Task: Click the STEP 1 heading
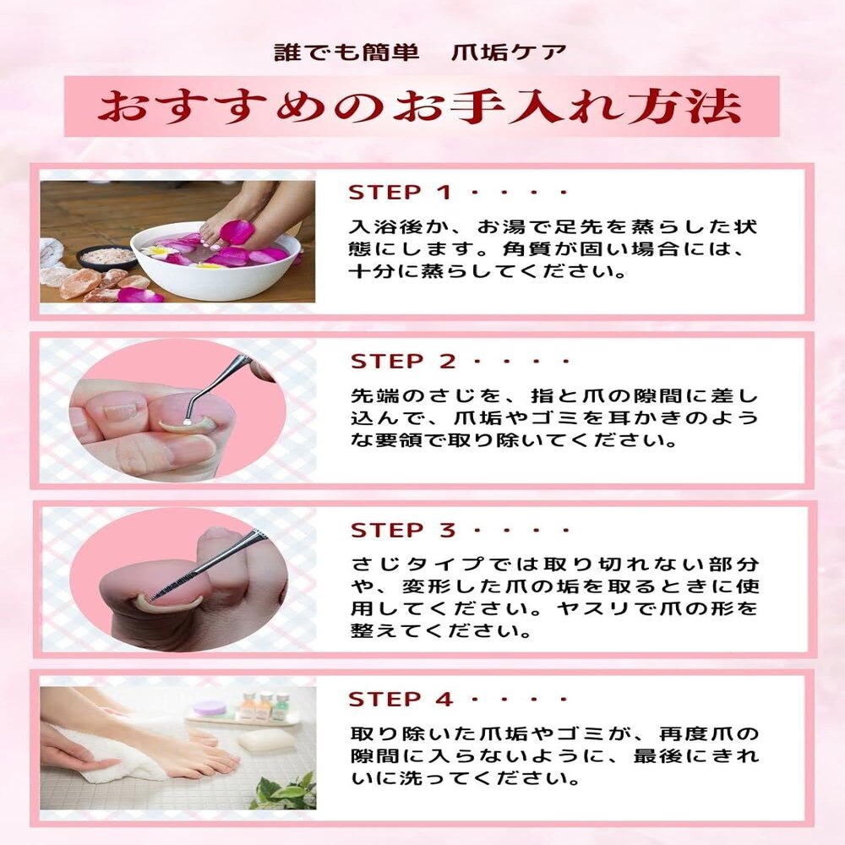click(x=399, y=193)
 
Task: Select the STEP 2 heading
click(x=403, y=361)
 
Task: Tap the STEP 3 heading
click(x=403, y=531)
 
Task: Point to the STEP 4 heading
click(x=400, y=700)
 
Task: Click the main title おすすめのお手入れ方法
click(x=420, y=106)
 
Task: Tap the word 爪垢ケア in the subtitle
click(x=509, y=52)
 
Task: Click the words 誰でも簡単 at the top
click(x=346, y=52)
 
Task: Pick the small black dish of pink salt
click(x=106, y=257)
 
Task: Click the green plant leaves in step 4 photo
click(x=285, y=791)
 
